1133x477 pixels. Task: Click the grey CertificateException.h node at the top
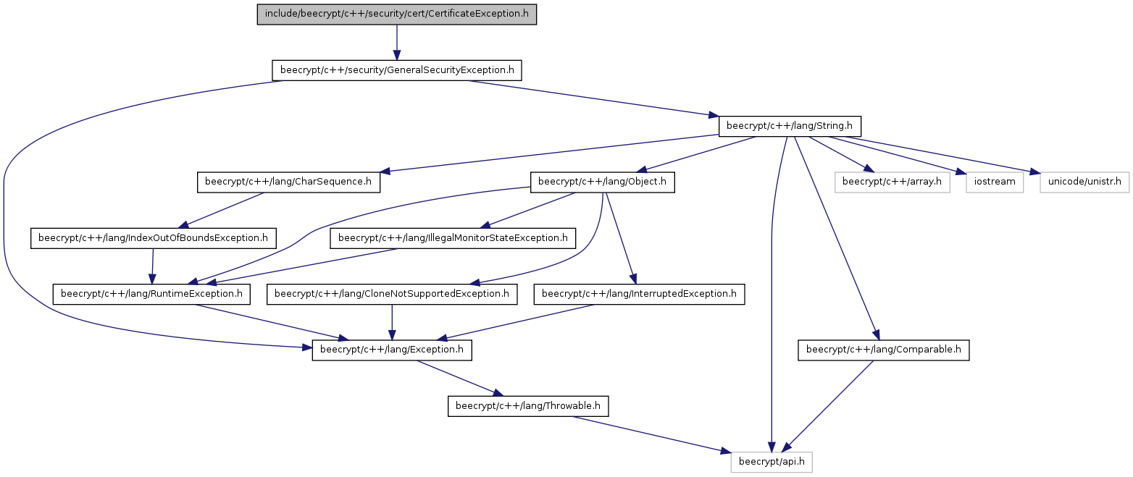click(x=396, y=14)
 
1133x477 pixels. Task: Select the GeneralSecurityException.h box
click(x=396, y=70)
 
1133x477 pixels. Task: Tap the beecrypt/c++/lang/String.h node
click(x=790, y=126)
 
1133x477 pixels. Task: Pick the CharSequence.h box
click(x=288, y=182)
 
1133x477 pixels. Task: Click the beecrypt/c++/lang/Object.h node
click(x=602, y=182)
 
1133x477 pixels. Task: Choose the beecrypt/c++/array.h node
click(x=892, y=182)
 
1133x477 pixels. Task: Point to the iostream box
click(x=995, y=182)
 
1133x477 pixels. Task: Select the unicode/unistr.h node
click(x=1084, y=182)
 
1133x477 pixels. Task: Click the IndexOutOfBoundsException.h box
click(x=154, y=238)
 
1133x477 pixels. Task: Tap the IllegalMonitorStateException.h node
click(x=453, y=238)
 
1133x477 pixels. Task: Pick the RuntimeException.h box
click(x=151, y=294)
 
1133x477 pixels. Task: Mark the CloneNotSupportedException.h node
click(x=392, y=294)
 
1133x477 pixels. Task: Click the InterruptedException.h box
click(x=640, y=294)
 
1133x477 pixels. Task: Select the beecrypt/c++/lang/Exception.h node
click(x=392, y=350)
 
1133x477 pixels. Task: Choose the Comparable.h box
click(x=884, y=350)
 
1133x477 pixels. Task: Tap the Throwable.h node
click(x=528, y=406)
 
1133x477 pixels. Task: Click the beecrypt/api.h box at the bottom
click(x=772, y=463)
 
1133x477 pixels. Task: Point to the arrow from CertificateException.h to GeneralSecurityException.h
click(x=396, y=43)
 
